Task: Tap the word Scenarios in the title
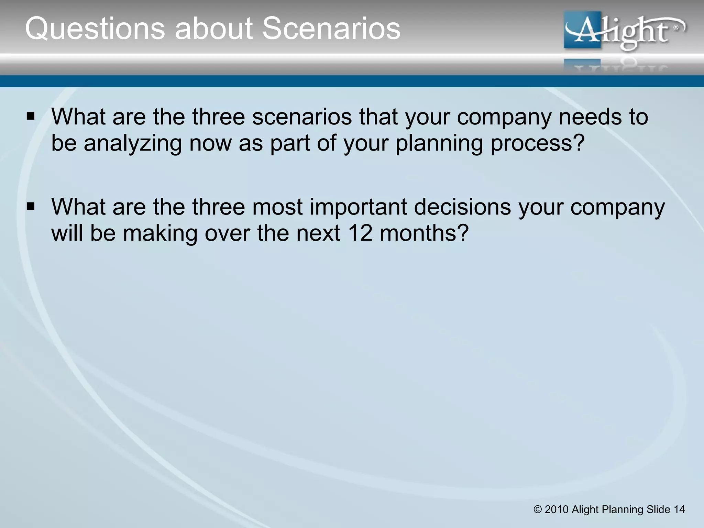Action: pyautogui.click(x=331, y=29)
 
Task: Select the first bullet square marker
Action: pyautogui.click(x=31, y=117)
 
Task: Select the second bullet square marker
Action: pyautogui.click(x=31, y=207)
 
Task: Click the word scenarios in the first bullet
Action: pyautogui.click(x=302, y=117)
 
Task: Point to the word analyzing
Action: pyautogui.click(x=133, y=143)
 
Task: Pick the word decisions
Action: pyautogui.click(x=462, y=207)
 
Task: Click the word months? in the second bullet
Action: pyautogui.click(x=425, y=233)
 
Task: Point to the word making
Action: pyautogui.click(x=160, y=233)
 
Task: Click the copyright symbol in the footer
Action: pyautogui.click(x=538, y=509)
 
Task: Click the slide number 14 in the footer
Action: pyautogui.click(x=679, y=509)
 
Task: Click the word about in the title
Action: pyautogui.click(x=213, y=29)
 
